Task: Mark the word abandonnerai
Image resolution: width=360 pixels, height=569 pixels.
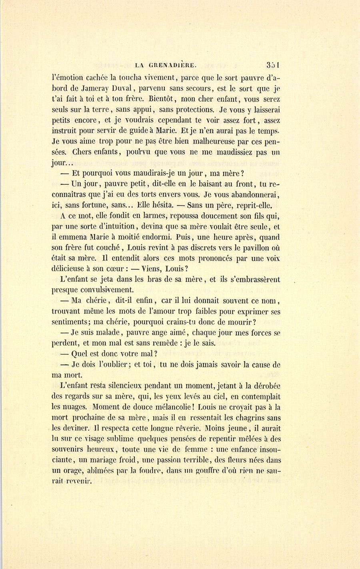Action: pos(256,195)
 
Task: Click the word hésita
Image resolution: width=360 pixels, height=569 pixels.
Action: pos(161,206)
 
